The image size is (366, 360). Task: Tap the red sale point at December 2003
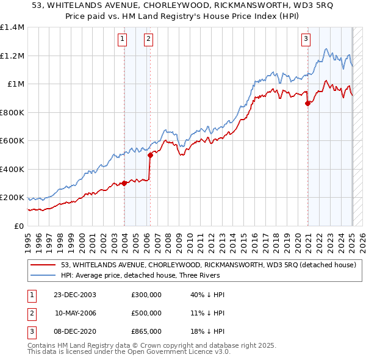point(124,183)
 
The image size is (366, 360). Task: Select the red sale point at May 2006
point(150,155)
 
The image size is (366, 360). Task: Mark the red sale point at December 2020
point(308,104)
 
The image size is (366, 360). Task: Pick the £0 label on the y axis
point(18,226)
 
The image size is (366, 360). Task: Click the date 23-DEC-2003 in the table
point(76,295)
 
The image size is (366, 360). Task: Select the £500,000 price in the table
point(146,313)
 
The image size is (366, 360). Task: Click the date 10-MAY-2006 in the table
point(76,313)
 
